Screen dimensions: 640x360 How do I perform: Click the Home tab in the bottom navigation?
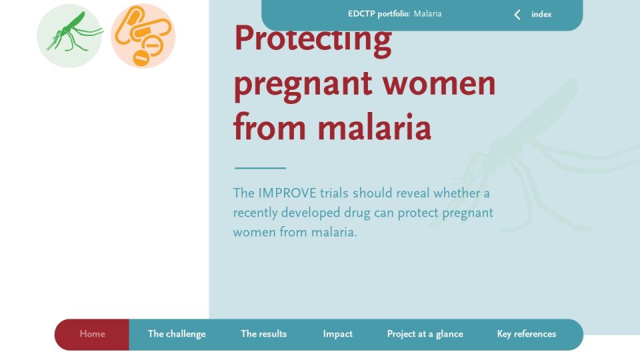pyautogui.click(x=92, y=334)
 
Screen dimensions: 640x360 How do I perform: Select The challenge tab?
pyautogui.click(x=177, y=334)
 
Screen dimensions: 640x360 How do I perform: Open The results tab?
pyautogui.click(x=264, y=334)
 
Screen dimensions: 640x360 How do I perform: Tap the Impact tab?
pyautogui.click(x=337, y=334)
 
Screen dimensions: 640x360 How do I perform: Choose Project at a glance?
pyautogui.click(x=425, y=334)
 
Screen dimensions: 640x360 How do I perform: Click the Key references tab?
pyautogui.click(x=527, y=334)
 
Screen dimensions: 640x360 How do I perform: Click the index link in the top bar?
pyautogui.click(x=541, y=14)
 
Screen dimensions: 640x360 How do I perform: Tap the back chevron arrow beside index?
pyautogui.click(x=517, y=15)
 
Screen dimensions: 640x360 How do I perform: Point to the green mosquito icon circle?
pyautogui.click(x=69, y=36)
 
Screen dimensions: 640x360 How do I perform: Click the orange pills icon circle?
pyautogui.click(x=143, y=36)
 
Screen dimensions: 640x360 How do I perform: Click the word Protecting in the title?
pyautogui.click(x=313, y=40)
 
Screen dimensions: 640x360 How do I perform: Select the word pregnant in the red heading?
pyautogui.click(x=303, y=86)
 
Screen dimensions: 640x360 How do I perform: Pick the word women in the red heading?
pyautogui.click(x=439, y=84)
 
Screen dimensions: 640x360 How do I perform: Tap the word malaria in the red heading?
pyautogui.click(x=374, y=127)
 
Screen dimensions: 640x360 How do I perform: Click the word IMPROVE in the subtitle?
pyautogui.click(x=287, y=193)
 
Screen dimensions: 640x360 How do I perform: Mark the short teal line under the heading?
pyautogui.click(x=261, y=168)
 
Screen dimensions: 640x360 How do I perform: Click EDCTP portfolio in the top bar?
pyautogui.click(x=379, y=14)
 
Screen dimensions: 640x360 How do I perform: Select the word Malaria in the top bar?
pyautogui.click(x=428, y=14)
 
